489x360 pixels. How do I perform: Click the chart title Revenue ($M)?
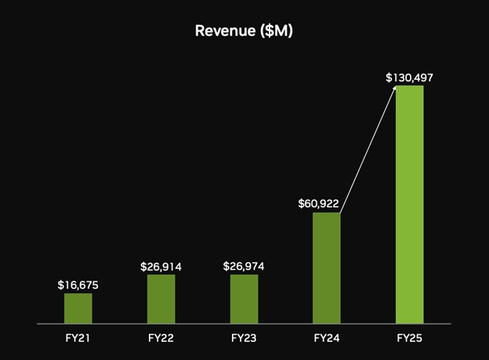(x=244, y=31)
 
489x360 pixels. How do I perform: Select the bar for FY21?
(x=78, y=308)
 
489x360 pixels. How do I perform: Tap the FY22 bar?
(x=161, y=299)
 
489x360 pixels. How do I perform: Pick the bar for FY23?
(x=244, y=299)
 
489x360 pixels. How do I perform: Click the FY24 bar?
(x=327, y=267)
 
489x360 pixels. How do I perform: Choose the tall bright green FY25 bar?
(x=409, y=204)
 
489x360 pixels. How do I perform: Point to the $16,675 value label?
(x=78, y=285)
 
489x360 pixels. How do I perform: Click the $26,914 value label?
(x=161, y=267)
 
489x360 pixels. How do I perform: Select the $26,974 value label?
(x=244, y=267)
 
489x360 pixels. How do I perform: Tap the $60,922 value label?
(x=318, y=204)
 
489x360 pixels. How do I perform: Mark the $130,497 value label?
(x=409, y=78)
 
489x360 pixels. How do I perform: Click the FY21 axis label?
(x=78, y=338)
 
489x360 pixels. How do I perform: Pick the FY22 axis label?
(x=161, y=338)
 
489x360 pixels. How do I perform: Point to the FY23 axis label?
(x=244, y=338)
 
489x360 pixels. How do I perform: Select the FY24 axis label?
(x=327, y=338)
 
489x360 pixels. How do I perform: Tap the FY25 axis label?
(x=409, y=338)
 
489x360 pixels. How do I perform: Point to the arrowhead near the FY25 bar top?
(x=393, y=89)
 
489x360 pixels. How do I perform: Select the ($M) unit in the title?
(x=277, y=31)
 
